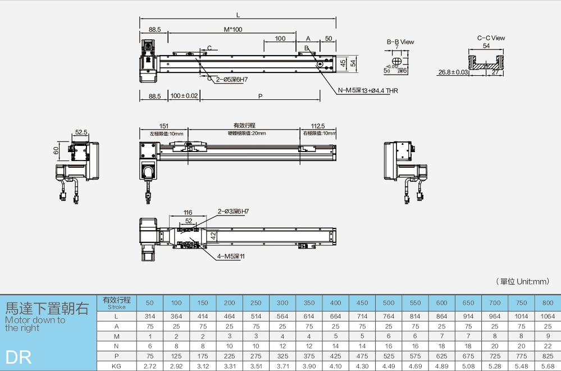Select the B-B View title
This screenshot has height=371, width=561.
pos(400,42)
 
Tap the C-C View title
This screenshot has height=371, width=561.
pos(491,38)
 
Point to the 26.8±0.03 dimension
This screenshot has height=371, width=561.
pos(453,72)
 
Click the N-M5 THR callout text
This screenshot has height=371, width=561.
pos(368,90)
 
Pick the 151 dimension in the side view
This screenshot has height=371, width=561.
pos(164,126)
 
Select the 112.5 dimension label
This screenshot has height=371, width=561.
pos(317,126)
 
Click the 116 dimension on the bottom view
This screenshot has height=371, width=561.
pos(188,213)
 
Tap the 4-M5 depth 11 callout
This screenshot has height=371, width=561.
pos(231,256)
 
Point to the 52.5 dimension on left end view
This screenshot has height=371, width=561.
pos(81,132)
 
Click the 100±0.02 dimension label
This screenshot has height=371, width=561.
pos(184,97)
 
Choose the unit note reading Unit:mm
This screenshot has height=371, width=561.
pos(522,281)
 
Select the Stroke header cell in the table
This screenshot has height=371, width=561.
pos(116,303)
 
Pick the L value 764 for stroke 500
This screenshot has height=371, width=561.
pos(389,317)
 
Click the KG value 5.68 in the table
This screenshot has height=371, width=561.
pos(548,366)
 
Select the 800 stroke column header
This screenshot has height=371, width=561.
pos(548,303)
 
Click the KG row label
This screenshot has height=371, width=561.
pos(116,366)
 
